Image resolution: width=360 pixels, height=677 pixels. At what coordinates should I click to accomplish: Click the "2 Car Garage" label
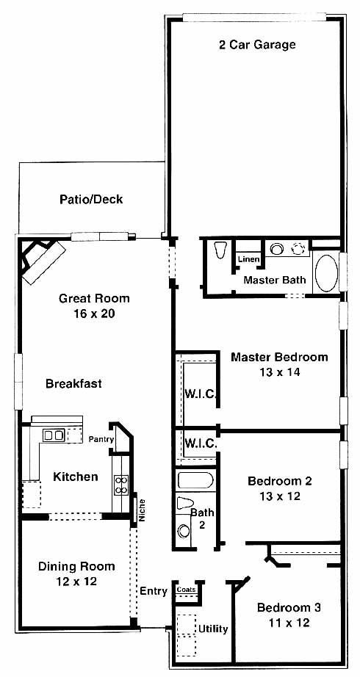257,45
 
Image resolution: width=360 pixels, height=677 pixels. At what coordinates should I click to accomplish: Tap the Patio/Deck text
91,200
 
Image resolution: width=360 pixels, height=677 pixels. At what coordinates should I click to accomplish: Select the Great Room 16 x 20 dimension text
94,314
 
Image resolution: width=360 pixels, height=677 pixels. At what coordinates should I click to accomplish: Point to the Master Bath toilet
220,250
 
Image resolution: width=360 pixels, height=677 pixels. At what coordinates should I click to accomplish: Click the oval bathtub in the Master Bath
327,273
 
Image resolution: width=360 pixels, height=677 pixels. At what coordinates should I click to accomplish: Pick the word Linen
249,259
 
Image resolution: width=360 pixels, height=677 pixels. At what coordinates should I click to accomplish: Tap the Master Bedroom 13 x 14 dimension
279,372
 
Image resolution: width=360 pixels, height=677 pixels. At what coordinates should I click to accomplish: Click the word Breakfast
74,383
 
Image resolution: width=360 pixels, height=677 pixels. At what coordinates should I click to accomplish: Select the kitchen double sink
54,435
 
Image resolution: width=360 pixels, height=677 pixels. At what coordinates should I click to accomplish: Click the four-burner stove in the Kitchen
121,485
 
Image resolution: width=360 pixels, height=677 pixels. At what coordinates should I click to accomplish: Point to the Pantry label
101,440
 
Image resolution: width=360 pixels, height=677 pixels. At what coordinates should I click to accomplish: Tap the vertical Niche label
143,510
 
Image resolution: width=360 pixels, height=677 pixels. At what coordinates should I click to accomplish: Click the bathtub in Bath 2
195,480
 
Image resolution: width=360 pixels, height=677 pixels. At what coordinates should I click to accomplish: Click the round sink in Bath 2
184,531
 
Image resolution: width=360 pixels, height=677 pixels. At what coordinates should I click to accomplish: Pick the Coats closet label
186,590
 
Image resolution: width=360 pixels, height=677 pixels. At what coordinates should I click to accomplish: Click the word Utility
213,629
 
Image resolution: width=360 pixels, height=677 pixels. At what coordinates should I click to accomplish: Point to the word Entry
154,592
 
